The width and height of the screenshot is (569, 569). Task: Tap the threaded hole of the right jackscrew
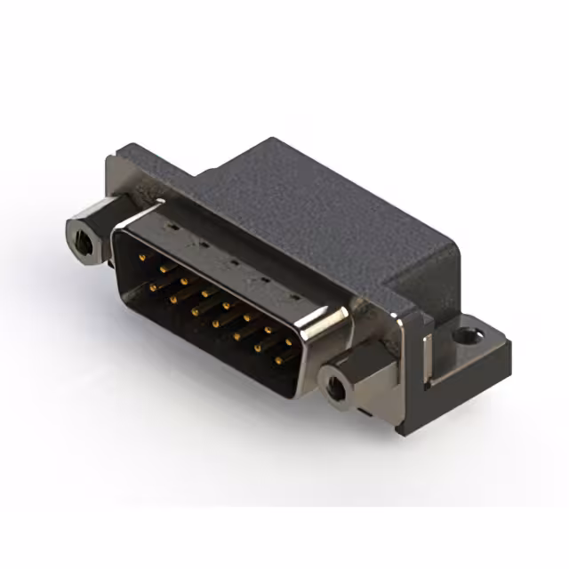336,388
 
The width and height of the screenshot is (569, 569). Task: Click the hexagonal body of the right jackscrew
351,378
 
